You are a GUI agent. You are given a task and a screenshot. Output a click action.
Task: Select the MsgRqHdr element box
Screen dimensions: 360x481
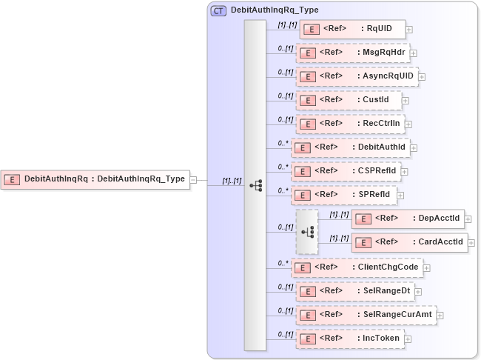pos(352,53)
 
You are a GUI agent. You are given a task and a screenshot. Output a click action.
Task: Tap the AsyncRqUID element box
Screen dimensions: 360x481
pos(357,76)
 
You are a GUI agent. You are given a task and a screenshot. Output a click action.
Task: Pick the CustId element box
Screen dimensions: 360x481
pos(349,99)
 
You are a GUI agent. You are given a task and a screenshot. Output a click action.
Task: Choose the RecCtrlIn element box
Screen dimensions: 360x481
pos(351,123)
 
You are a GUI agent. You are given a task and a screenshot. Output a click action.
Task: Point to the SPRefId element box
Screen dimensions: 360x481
pos(344,195)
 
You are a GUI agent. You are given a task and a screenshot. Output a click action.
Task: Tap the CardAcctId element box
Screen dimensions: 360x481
pos(410,241)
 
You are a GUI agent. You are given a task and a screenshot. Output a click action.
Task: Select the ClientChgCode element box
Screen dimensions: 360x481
pos(357,267)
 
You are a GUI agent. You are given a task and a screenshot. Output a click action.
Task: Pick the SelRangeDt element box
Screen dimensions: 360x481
pos(354,290)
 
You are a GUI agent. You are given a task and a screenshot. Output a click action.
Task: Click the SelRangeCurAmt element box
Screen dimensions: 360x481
pos(366,314)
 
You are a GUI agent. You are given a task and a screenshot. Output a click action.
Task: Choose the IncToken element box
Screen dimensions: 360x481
pos(349,338)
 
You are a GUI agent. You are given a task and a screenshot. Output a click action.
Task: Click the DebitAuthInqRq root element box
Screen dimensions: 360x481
pos(95,179)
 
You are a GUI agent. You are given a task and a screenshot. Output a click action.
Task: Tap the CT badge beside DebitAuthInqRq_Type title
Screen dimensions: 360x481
pos(219,11)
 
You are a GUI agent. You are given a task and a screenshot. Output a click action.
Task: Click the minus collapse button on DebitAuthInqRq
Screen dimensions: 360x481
pos(192,179)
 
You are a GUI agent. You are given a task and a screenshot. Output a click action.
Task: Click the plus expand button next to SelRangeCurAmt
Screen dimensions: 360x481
pos(440,315)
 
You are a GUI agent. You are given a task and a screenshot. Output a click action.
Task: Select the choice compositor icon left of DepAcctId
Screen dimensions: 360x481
pos(307,231)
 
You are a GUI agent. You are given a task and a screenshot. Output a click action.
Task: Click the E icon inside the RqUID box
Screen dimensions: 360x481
pos(312,29)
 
